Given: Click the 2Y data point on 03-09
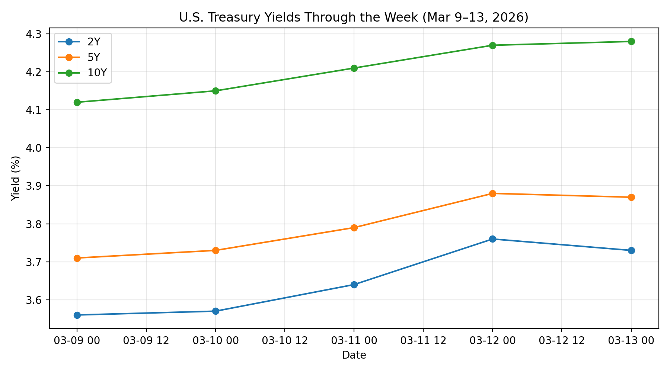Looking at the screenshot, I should (77, 315).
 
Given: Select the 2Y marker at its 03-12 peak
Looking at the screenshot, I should (492, 239).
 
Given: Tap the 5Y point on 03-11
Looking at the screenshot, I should (354, 228).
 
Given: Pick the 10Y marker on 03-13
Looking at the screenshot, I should (631, 41).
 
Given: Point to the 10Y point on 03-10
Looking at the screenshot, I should (216, 91).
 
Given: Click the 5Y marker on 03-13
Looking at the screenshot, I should (631, 197).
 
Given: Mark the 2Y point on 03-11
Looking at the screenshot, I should (354, 285).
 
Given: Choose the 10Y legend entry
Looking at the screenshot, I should (97, 73).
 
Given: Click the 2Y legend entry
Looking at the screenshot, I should (94, 42).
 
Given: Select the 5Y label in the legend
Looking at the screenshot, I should (94, 57).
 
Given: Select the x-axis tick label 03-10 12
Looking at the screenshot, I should (285, 341).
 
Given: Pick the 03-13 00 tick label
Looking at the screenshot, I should (631, 341).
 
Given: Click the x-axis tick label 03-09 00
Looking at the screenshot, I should (77, 341).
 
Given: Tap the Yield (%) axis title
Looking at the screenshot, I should (15, 178).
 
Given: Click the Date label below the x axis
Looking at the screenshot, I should (354, 355).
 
